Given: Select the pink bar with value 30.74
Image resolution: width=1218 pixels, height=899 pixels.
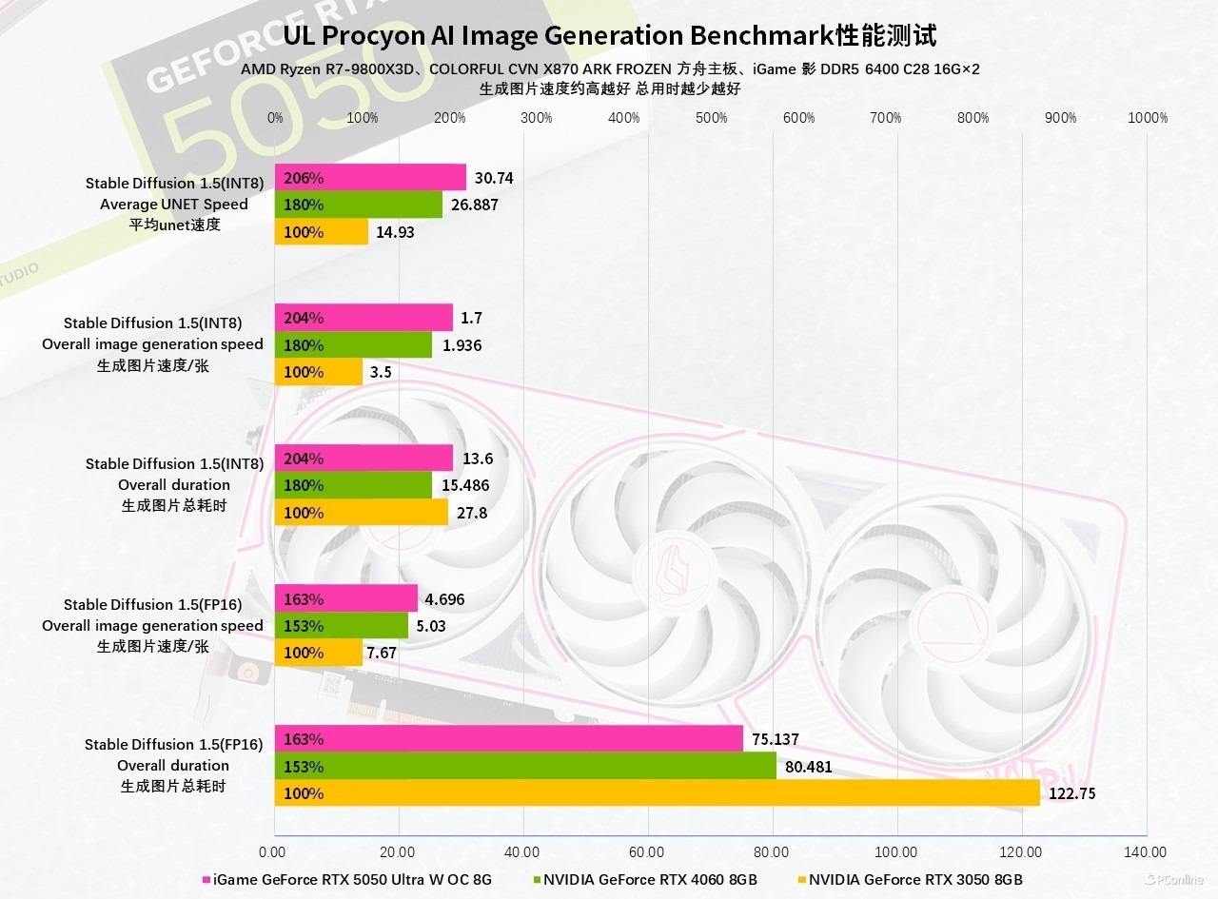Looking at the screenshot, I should [x=371, y=178].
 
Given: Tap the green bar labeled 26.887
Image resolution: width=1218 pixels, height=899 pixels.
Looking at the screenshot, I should [x=359, y=205].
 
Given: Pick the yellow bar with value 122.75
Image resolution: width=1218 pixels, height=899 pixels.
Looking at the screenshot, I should [x=657, y=793].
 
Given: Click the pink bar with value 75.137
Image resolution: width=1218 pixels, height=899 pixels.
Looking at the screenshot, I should [x=508, y=739].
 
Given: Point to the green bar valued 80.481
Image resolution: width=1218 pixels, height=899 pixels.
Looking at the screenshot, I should [x=525, y=767].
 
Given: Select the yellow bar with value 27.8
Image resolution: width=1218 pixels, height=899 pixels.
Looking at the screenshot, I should [x=362, y=513].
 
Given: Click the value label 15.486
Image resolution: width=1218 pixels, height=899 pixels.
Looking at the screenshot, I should [x=462, y=486].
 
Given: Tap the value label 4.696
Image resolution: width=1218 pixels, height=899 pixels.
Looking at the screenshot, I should [x=444, y=599].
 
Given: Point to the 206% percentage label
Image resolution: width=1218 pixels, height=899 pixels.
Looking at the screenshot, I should [x=304, y=178].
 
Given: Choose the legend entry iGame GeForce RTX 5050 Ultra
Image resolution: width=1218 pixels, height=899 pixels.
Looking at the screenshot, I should [x=352, y=880].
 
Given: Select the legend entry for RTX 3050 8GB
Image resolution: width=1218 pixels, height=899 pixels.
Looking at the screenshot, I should [x=914, y=880].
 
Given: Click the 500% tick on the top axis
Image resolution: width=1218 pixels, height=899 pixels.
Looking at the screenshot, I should [x=711, y=118].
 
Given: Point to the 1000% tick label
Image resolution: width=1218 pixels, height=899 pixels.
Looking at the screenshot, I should [x=1147, y=118].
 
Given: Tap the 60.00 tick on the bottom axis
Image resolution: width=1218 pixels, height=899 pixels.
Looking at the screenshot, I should [x=647, y=852].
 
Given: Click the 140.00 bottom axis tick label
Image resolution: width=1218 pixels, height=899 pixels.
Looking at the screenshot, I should [x=1145, y=852].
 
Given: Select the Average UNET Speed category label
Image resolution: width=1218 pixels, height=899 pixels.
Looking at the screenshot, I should [x=173, y=205].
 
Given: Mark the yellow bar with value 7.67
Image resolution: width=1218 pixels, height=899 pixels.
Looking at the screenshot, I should [x=319, y=654].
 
